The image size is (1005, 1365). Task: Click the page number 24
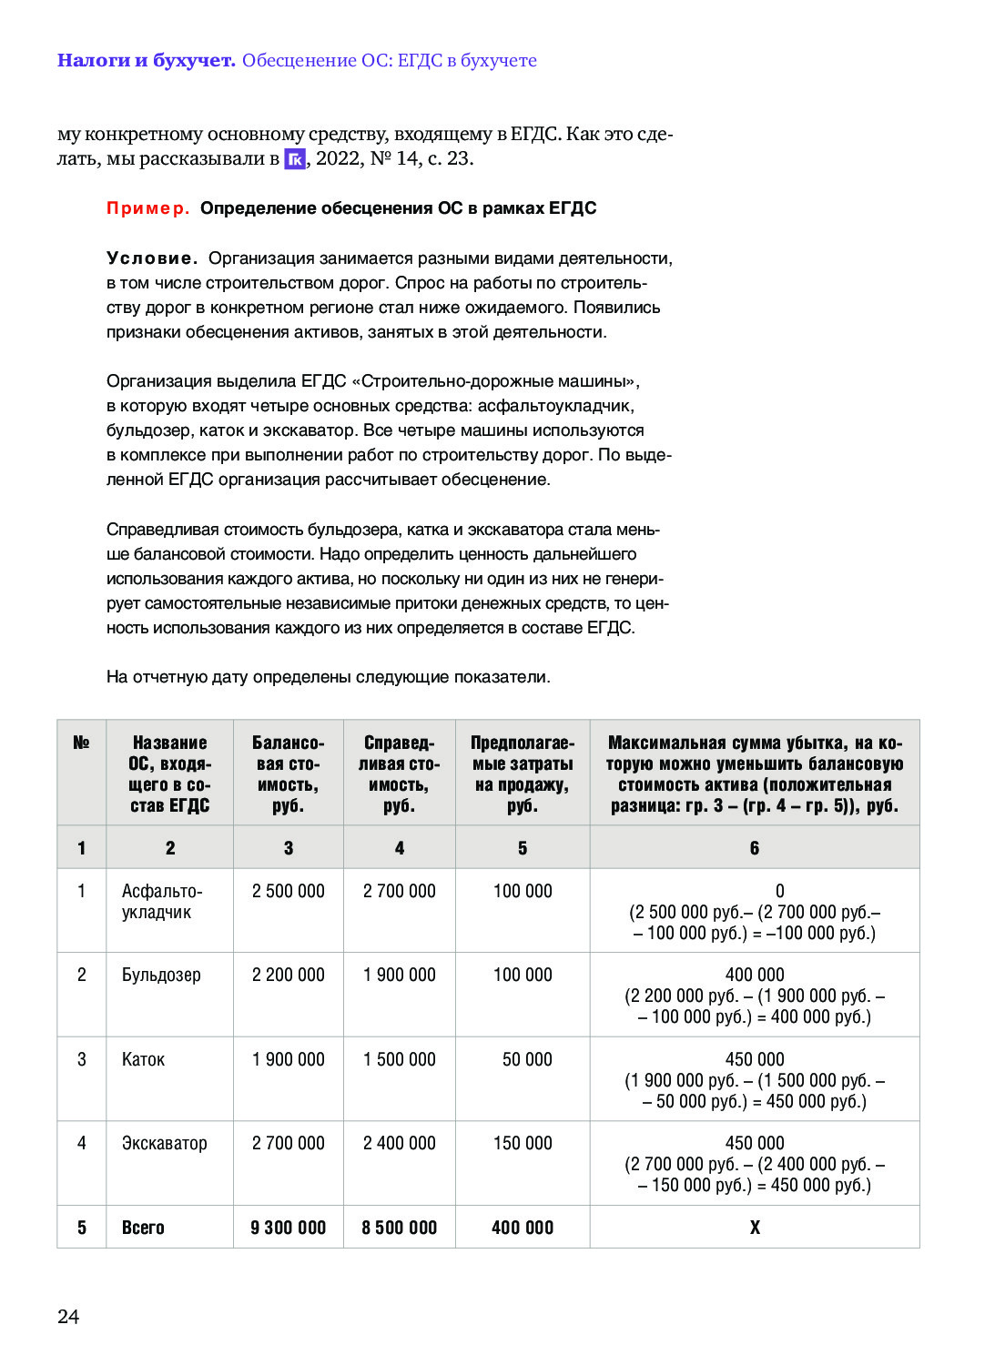click(68, 1316)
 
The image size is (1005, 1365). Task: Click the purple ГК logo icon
click(295, 159)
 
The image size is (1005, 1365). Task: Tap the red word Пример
click(147, 208)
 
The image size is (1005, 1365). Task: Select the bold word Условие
click(152, 258)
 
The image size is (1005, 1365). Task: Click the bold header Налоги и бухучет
click(146, 61)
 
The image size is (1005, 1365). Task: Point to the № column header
click(81, 743)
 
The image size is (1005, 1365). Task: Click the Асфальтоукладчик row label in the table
click(162, 902)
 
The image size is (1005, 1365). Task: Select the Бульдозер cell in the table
click(161, 975)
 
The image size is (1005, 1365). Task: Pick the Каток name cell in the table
click(143, 1059)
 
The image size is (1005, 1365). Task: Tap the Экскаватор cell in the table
click(164, 1143)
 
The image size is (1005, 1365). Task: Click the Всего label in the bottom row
click(143, 1228)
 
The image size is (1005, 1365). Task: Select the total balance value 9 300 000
click(288, 1228)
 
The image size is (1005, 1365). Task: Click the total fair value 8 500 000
click(399, 1228)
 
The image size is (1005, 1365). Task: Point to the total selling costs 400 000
click(523, 1228)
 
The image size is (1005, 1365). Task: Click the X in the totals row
click(755, 1228)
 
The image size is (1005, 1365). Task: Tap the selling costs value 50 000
click(527, 1059)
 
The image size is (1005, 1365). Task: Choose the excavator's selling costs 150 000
click(523, 1143)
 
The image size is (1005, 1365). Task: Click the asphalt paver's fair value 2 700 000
click(399, 891)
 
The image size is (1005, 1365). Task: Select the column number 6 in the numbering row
click(755, 848)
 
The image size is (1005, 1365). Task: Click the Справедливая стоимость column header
click(399, 773)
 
